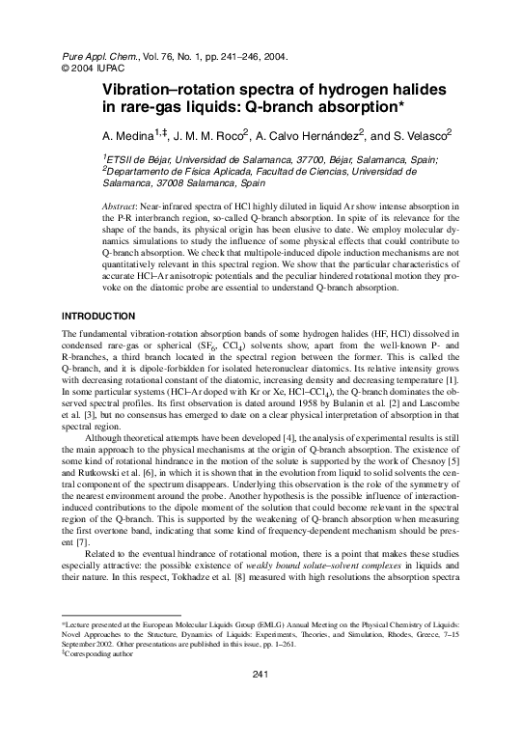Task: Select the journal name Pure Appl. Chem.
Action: coord(89,58)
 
